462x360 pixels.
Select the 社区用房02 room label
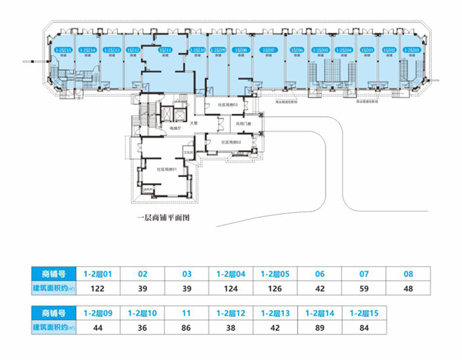coord(232,142)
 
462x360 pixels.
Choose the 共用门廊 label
coord(243,123)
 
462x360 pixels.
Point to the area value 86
coord(186,328)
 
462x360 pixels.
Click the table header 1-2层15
coord(364,313)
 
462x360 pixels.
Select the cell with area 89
coord(320,328)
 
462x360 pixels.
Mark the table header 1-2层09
coord(97,313)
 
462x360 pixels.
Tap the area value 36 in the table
coord(142,328)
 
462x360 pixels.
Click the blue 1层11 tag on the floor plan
coord(163,49)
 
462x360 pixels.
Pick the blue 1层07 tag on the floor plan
coord(269,49)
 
